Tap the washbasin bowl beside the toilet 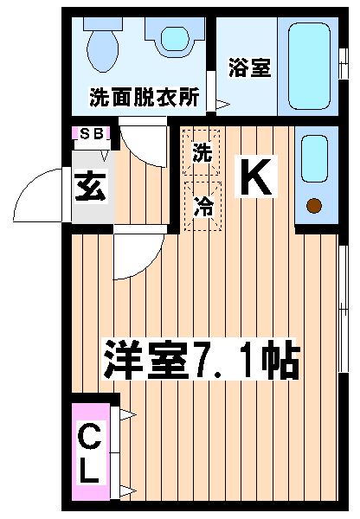(175, 38)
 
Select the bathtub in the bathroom (309, 66)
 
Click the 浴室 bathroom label (250, 67)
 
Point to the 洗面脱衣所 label (144, 97)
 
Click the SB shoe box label (91, 134)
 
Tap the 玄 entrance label (90, 185)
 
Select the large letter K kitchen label (255, 177)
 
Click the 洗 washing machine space (202, 152)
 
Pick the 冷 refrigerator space (203, 206)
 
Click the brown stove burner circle (313, 206)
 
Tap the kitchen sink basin (315, 159)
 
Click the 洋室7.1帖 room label (202, 359)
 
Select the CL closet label (89, 452)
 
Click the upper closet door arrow (128, 414)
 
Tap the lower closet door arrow (128, 490)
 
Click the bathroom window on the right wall (344, 63)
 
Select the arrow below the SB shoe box (105, 156)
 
